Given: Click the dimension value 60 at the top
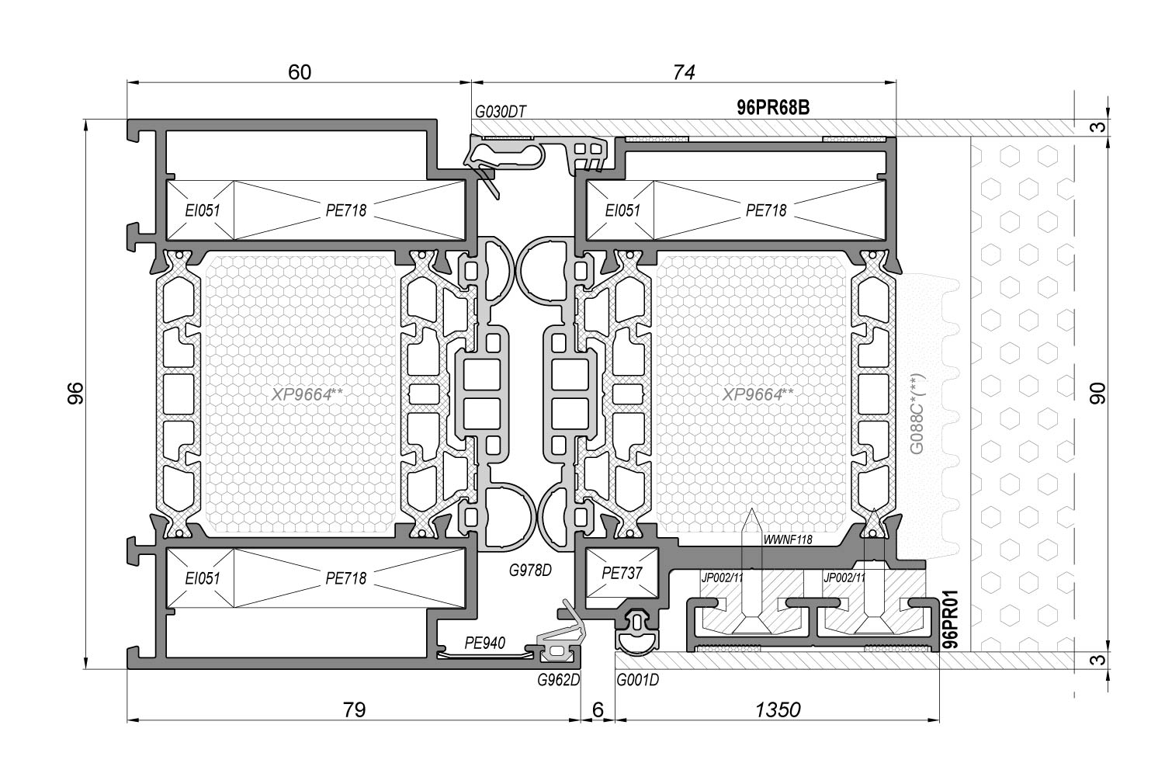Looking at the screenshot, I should pos(300,72).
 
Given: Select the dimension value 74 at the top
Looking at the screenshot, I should pos(684,72).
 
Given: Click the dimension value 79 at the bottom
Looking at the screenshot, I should pos(353,709).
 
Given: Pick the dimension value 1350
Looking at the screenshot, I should pos(777,709).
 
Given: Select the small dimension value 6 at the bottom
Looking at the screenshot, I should pos(597,709).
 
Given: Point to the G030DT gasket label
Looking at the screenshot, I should pos(501,112).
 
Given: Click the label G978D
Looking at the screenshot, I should pos(530,571).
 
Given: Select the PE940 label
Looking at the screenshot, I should pos(484,643).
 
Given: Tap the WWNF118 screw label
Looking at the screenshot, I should pos(788,540).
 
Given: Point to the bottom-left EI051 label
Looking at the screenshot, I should pos(203,578).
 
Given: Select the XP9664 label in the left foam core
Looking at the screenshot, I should pos(307,394).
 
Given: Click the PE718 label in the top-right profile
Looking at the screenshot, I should pos(766,210).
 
